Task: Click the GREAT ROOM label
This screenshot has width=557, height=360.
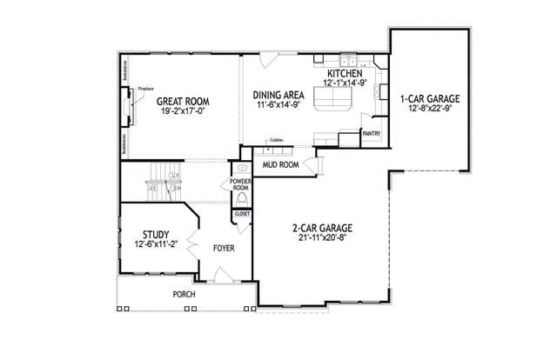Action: point(184,101)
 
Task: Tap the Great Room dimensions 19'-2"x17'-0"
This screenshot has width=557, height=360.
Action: point(184,111)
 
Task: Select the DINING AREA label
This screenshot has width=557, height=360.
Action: point(278,94)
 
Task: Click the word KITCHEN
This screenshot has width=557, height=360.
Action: point(345,74)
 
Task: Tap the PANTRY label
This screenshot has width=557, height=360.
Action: point(372,135)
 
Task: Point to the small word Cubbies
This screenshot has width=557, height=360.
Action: point(276,139)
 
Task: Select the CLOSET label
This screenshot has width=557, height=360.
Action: point(242,213)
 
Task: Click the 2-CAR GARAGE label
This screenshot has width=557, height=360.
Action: point(321,228)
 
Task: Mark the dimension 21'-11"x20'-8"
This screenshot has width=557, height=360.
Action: point(321,238)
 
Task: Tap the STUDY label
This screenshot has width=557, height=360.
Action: point(156,234)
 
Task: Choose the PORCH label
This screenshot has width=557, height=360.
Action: point(184,294)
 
